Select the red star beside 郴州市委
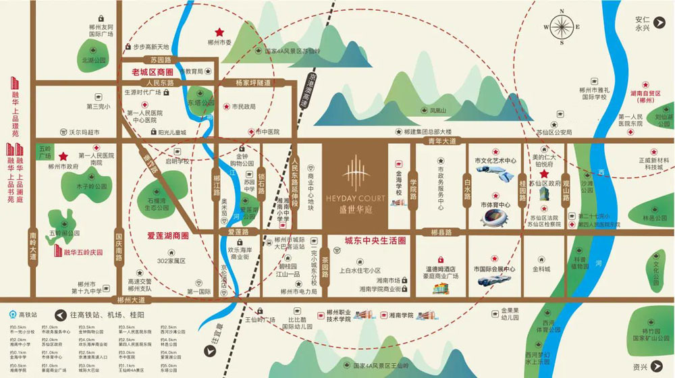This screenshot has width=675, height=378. click(x=219, y=32)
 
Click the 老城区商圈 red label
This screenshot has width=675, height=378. click(x=153, y=72)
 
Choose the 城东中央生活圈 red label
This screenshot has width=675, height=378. click(x=374, y=240)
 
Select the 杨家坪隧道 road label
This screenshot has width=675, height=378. click(x=252, y=82)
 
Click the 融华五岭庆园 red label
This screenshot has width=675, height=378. click(x=82, y=252)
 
